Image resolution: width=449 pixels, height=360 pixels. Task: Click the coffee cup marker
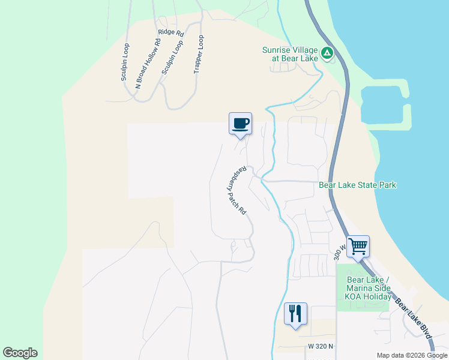click(x=240, y=124)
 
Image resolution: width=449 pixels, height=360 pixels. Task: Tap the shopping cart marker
click(x=358, y=245)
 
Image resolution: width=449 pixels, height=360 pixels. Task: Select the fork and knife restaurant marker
click(x=295, y=313)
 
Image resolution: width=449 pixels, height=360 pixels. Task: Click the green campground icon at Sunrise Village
click(x=327, y=54)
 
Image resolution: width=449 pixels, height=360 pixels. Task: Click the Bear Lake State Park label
click(x=357, y=185)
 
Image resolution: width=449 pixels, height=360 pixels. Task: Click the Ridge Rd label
click(x=170, y=32)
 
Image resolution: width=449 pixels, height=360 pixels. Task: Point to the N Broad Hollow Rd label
click(x=149, y=63)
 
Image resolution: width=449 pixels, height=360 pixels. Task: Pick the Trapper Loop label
click(x=199, y=55)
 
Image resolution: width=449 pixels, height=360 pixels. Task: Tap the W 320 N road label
click(x=321, y=346)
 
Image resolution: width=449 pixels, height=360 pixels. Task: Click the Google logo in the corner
click(x=20, y=353)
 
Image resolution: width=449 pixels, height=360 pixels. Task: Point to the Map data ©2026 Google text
click(x=411, y=355)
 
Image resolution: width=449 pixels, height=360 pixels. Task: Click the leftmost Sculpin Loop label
click(x=125, y=62)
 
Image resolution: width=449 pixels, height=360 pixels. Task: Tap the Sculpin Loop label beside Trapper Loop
click(x=172, y=58)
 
